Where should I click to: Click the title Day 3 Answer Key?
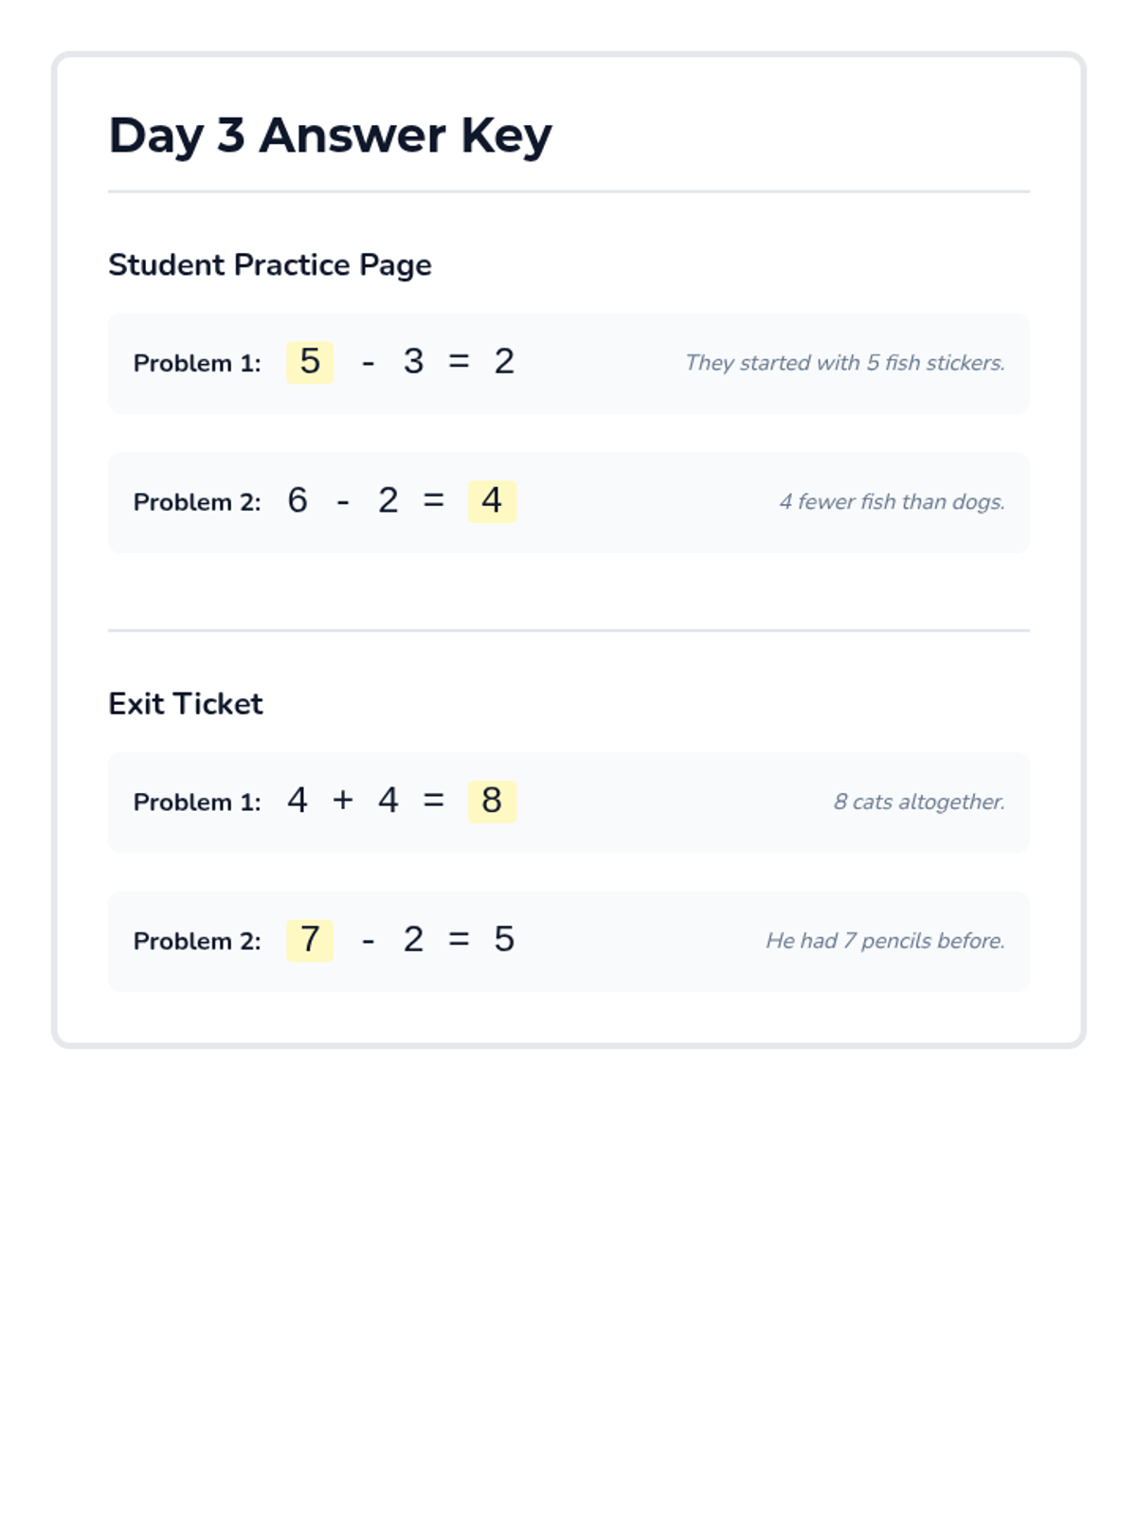[x=330, y=135]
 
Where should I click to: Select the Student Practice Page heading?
[x=269, y=264]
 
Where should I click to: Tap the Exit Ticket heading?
[x=185, y=703]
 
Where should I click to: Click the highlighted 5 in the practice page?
[x=310, y=362]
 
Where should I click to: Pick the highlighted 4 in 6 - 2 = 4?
[x=492, y=500]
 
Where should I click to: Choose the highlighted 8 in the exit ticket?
[x=492, y=801]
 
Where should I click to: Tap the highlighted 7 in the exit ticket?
[x=310, y=940]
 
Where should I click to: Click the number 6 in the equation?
[x=298, y=500]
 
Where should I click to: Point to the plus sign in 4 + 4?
[x=343, y=801]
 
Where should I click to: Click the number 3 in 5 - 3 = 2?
[x=413, y=362]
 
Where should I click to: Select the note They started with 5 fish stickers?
[x=844, y=363]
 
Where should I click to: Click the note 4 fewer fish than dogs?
[x=892, y=502]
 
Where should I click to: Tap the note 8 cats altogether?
[x=919, y=802]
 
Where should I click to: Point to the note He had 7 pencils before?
[x=885, y=941]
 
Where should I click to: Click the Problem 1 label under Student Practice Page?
[x=197, y=363]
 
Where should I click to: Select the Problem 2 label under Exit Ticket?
[x=197, y=941]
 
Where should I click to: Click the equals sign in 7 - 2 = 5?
[x=459, y=940]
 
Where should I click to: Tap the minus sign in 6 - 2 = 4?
[x=343, y=502]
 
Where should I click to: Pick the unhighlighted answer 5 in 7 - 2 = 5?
[x=504, y=940]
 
